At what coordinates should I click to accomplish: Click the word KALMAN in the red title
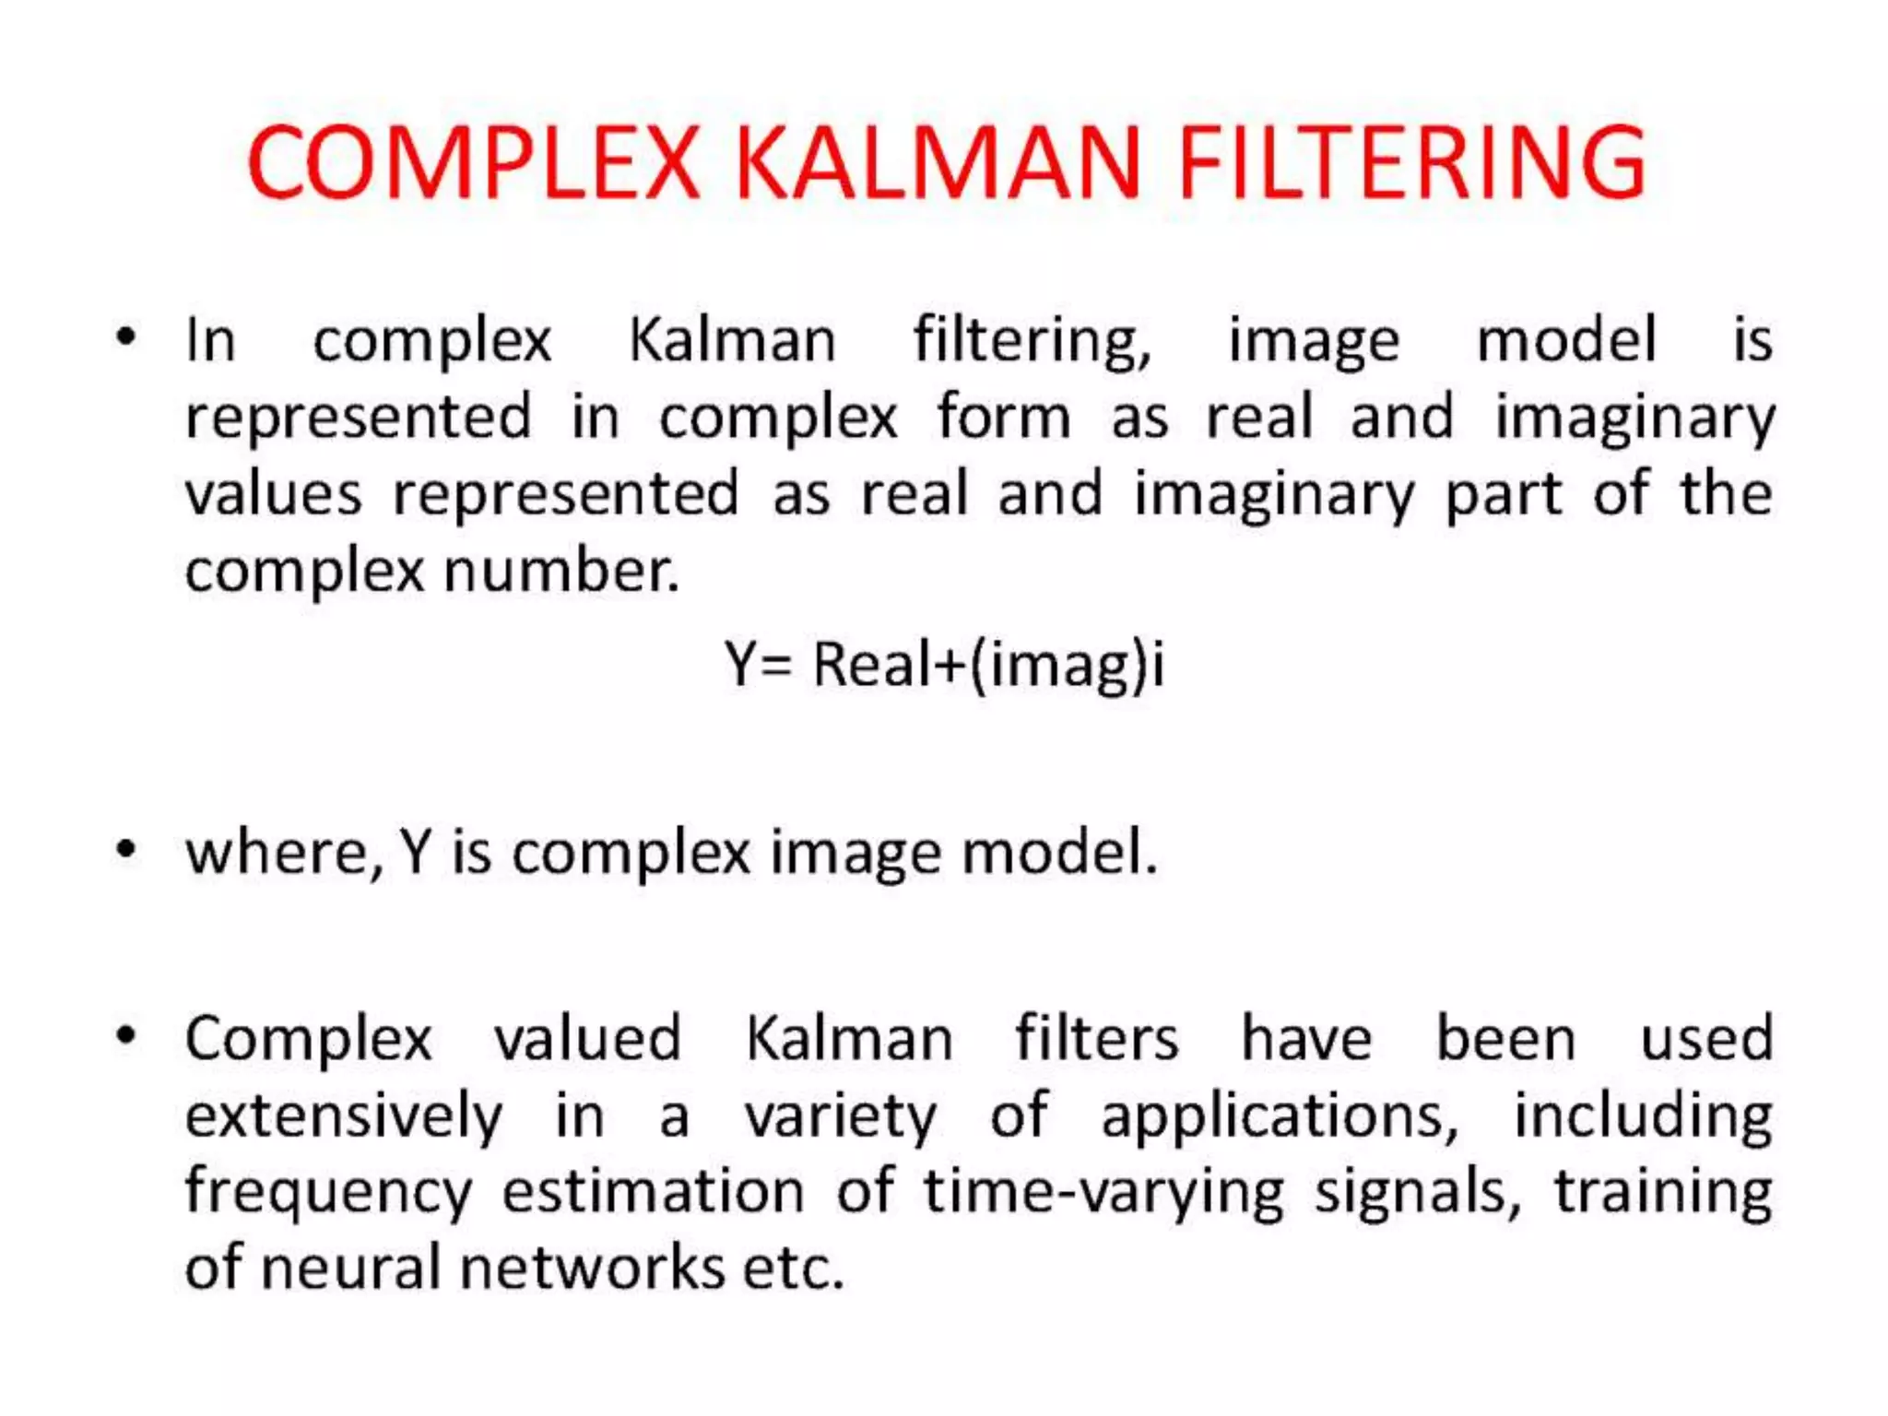[x=938, y=163]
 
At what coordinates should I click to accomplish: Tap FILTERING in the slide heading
[x=1411, y=163]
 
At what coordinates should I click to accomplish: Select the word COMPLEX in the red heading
[x=473, y=163]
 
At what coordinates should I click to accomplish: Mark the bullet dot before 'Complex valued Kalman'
[x=127, y=1034]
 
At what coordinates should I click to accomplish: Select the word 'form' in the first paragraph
[x=1004, y=417]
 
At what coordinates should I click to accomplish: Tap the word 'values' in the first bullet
[x=274, y=494]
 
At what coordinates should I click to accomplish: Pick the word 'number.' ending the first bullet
[x=561, y=572]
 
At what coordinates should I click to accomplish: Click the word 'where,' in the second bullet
[x=284, y=852]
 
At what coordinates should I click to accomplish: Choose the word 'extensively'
[x=344, y=1117]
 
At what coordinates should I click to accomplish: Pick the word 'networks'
[x=593, y=1268]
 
